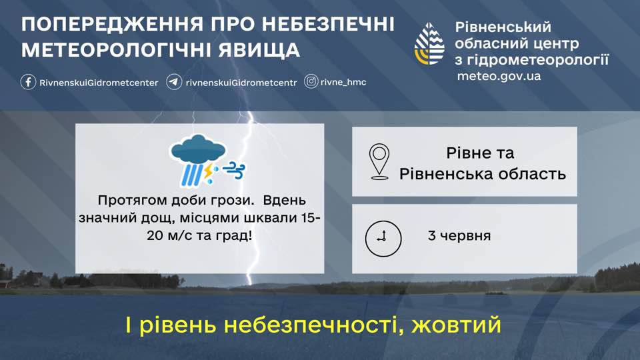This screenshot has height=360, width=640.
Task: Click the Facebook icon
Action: click(28, 82)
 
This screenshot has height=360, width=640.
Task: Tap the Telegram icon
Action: click(174, 82)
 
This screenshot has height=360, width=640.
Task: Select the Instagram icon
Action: click(311, 81)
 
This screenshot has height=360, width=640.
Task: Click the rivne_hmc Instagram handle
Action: click(343, 82)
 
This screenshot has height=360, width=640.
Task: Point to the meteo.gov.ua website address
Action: click(499, 76)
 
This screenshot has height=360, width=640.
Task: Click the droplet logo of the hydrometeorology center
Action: click(429, 44)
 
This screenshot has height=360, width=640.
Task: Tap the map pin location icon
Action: click(379, 161)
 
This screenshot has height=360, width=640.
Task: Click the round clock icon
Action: click(383, 239)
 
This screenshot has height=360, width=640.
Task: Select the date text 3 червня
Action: click(459, 236)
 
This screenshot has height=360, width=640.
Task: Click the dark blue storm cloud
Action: click(199, 149)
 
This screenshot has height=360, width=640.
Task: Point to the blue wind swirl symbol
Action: click(234, 171)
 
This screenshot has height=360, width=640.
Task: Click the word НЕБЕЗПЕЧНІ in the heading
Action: click(328, 24)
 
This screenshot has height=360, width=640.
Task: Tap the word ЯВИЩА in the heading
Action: click(259, 50)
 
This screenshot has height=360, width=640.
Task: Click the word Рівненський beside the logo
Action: click(503, 27)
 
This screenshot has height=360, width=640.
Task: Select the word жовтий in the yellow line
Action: click(456, 325)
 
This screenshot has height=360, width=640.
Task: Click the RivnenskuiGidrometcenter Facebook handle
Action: click(99, 83)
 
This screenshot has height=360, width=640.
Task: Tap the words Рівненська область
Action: click(483, 174)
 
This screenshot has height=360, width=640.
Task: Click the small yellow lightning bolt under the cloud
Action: click(209, 171)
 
